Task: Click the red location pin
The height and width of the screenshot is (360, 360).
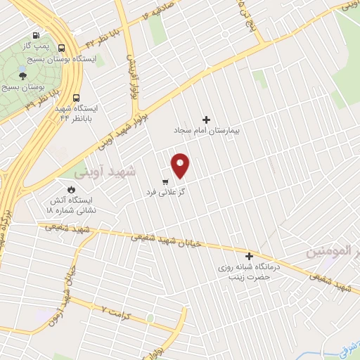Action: pos(180,164)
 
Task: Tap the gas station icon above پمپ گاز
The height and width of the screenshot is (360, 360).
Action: pos(35,36)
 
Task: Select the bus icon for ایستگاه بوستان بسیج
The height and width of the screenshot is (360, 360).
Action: pos(62,49)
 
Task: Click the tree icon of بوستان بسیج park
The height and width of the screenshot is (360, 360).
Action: pos(24,75)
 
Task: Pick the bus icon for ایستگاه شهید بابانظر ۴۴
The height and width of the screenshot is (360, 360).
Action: pos(76,98)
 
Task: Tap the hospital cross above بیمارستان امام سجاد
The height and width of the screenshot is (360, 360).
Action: pos(206,120)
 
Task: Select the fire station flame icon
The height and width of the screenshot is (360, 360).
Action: pos(70,189)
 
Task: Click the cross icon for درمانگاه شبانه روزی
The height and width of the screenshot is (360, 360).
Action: pos(248,256)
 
